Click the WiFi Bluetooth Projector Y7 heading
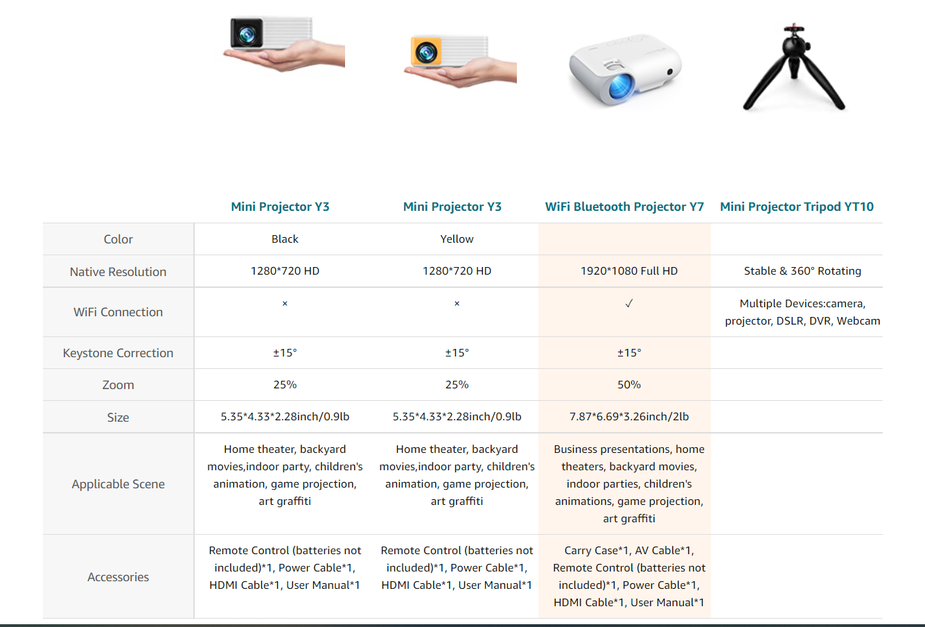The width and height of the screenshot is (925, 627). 624,207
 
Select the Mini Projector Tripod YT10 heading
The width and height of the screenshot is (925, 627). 797,207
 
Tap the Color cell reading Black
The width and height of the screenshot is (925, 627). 285,239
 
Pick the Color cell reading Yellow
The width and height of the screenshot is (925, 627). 457,239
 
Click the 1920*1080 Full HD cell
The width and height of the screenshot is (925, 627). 629,271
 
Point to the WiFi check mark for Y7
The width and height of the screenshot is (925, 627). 629,304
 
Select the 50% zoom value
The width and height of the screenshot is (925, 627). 629,385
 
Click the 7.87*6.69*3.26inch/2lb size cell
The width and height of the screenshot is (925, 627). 629,417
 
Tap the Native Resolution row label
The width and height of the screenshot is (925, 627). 118,272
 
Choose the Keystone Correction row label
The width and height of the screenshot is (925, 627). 118,353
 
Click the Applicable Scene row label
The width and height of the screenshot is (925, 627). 118,484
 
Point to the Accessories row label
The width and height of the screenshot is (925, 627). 118,577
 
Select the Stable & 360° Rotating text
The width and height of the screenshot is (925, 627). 802,271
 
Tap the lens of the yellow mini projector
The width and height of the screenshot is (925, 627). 425,51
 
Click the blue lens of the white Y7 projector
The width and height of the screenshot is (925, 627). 619,86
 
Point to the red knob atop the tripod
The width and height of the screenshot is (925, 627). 791,29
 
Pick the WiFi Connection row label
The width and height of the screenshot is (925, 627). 118,312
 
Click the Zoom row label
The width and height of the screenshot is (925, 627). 118,385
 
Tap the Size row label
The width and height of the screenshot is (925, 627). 118,418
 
